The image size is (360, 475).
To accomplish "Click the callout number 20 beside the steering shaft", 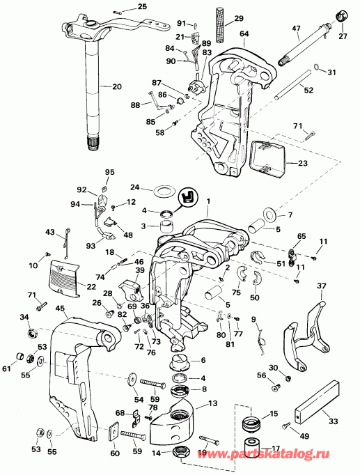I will [x=116, y=86].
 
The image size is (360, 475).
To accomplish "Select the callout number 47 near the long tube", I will [x=295, y=29].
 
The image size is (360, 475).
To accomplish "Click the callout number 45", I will [x=60, y=309].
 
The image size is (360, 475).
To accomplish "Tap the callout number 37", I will [x=321, y=286].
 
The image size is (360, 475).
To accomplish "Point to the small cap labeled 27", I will [x=343, y=15].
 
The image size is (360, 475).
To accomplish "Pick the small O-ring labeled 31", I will [x=317, y=68].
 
